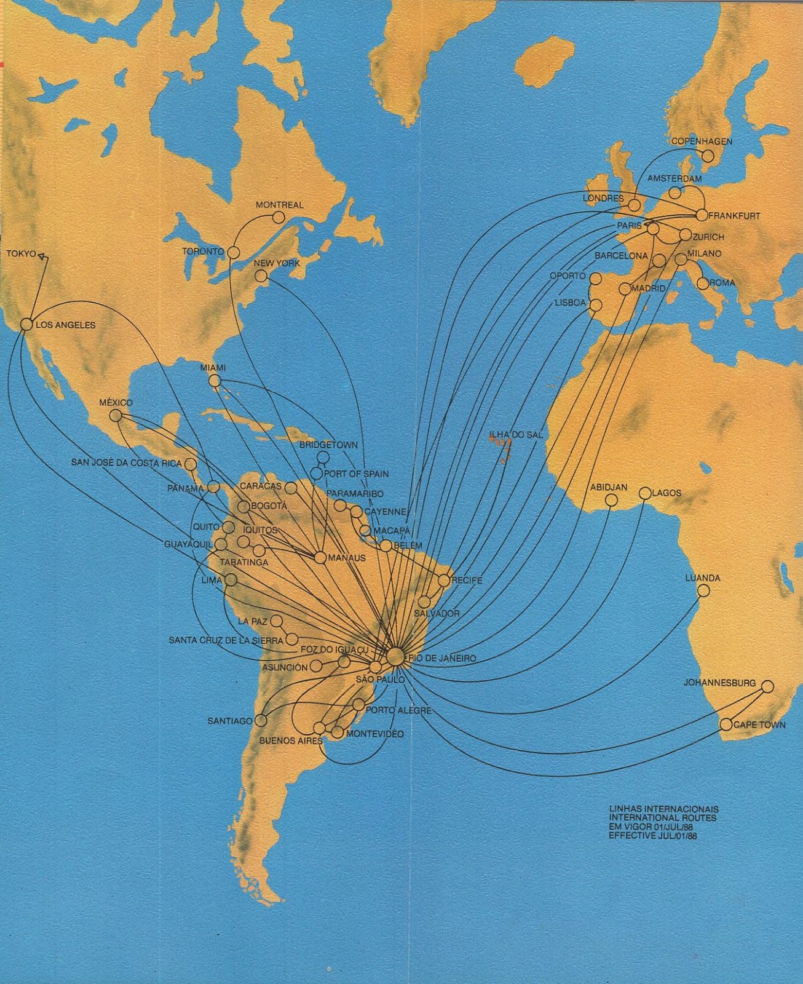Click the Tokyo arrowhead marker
(x=42, y=257)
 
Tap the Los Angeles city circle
(x=26, y=324)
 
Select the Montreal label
(x=280, y=205)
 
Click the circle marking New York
(x=261, y=276)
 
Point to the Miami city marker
(x=215, y=381)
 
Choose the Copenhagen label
(x=702, y=141)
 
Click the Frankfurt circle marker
(x=702, y=215)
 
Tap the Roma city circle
(x=703, y=284)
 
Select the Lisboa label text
(x=570, y=303)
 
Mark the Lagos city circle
(x=645, y=493)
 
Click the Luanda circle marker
(x=703, y=591)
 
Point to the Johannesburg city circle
(x=767, y=686)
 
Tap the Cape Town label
(x=759, y=725)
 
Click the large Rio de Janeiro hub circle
(x=396, y=657)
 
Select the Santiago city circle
(x=261, y=720)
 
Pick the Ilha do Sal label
(x=516, y=435)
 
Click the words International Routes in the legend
(x=662, y=818)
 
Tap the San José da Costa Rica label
(x=127, y=462)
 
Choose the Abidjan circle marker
(x=611, y=501)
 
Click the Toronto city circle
(x=234, y=252)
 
